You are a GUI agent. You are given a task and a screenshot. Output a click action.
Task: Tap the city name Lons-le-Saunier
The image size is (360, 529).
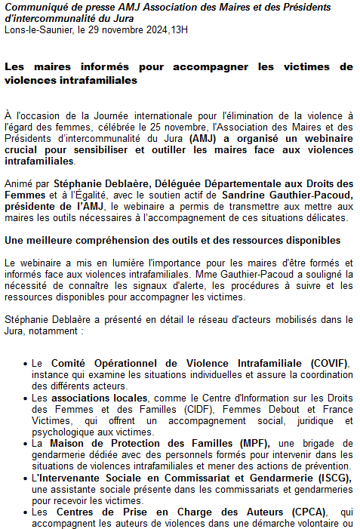tap(35, 29)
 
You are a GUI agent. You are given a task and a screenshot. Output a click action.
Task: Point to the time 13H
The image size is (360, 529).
tap(179, 29)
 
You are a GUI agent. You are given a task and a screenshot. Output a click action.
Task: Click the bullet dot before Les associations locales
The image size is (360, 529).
tap(26, 398)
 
